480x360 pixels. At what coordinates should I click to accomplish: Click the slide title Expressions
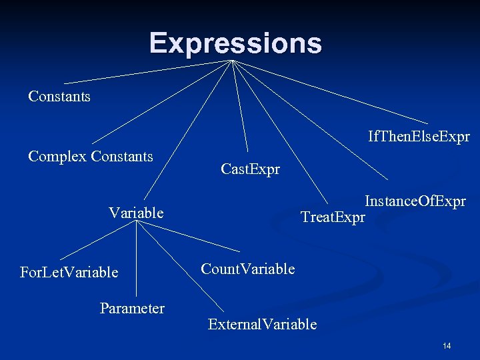[x=235, y=43]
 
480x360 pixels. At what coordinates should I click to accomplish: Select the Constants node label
[x=59, y=97]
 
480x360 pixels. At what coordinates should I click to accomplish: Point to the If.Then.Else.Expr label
[x=419, y=137]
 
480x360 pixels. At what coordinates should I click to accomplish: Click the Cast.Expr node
[x=250, y=169]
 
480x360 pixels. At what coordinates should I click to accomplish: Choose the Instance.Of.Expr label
[x=415, y=201]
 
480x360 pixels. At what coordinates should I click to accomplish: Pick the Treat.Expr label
[x=333, y=217]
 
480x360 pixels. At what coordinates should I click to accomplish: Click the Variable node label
[x=136, y=213]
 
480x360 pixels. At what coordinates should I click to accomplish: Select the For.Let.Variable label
[x=69, y=272]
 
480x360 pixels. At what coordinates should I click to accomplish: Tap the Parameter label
[x=132, y=308]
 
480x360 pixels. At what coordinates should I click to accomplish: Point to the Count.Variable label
[x=247, y=269]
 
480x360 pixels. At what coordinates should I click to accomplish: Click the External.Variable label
[x=262, y=325]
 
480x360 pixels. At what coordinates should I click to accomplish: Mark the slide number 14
[x=447, y=345]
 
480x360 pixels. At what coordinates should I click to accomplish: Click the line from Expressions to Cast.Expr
[x=240, y=107]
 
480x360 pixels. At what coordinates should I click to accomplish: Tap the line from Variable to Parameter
[x=136, y=260]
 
